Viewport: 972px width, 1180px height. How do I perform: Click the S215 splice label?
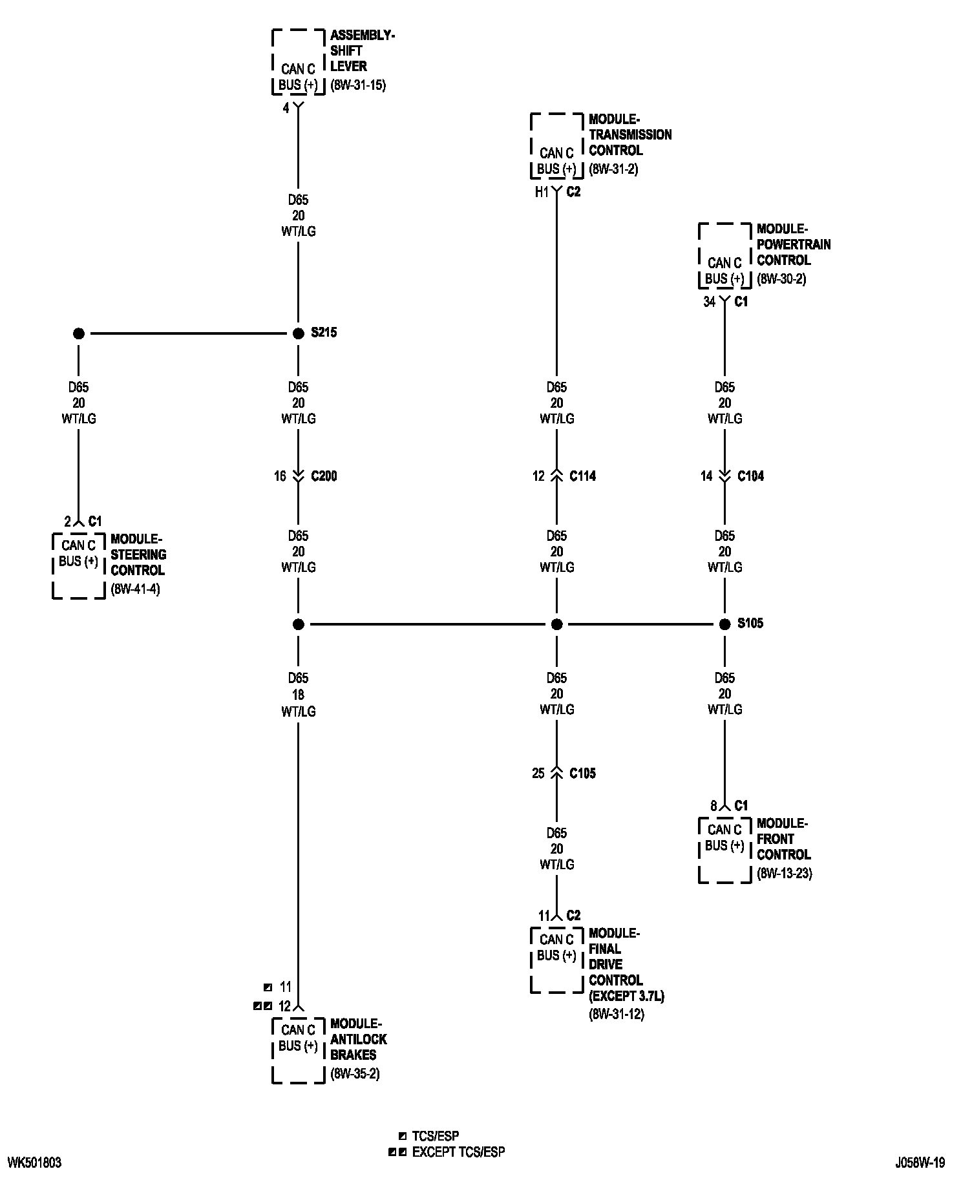tap(324, 333)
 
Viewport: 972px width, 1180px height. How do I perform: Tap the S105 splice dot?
tap(724, 624)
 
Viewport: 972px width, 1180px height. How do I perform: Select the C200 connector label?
tap(324, 476)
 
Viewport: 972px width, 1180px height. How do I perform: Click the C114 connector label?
tap(582, 476)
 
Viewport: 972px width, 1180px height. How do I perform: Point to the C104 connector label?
tap(750, 476)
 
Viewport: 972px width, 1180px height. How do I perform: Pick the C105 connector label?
tap(582, 774)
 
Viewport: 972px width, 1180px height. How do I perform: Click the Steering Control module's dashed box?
tap(78, 565)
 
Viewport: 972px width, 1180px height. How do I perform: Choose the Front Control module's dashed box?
tap(724, 850)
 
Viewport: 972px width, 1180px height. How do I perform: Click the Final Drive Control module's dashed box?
tap(556, 960)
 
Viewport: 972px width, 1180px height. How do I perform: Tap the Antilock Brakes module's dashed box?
tap(298, 1050)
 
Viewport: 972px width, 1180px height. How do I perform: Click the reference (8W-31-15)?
tap(358, 85)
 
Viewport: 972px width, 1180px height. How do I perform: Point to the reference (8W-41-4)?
tap(135, 589)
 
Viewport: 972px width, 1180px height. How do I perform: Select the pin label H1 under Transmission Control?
tap(542, 192)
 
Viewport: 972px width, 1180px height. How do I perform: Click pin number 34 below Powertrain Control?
tap(709, 302)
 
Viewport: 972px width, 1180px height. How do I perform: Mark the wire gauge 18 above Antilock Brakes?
tap(298, 695)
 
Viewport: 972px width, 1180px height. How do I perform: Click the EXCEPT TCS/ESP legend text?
tap(458, 1152)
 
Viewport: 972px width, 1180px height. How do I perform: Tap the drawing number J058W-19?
tap(920, 1163)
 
